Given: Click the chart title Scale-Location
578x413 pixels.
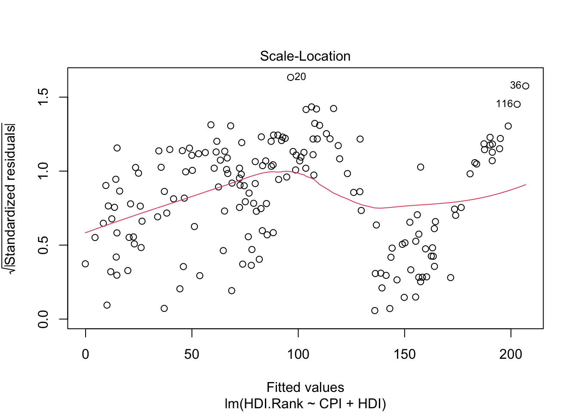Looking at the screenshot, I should click(305, 56).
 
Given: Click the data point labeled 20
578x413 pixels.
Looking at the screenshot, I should click(290, 77).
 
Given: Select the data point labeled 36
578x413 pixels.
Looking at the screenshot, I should click(526, 86).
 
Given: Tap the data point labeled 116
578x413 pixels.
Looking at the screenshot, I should click(517, 104).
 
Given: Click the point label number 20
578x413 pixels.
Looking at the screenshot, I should click(300, 77).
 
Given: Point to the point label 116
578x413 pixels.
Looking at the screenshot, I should click(504, 104).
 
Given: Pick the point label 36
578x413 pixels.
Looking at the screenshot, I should click(515, 86).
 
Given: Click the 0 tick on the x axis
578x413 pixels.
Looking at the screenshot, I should click(86, 354).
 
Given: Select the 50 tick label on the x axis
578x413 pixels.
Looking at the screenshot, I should click(192, 354).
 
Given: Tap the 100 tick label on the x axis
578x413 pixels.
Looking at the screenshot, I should click(298, 354).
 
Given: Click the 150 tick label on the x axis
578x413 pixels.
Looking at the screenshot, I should click(405, 354).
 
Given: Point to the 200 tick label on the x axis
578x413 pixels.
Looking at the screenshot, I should click(511, 354).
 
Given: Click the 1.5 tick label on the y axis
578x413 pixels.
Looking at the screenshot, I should click(43, 97).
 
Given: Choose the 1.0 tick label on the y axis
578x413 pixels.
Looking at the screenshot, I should click(43, 171).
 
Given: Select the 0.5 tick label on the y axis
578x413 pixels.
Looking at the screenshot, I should click(43, 245).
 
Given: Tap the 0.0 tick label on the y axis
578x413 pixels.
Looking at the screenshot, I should click(43, 319).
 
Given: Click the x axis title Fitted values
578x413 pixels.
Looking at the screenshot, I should click(305, 388).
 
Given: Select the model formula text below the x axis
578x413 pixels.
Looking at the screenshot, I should click(305, 404).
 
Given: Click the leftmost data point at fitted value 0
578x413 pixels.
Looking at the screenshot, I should click(85, 264).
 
